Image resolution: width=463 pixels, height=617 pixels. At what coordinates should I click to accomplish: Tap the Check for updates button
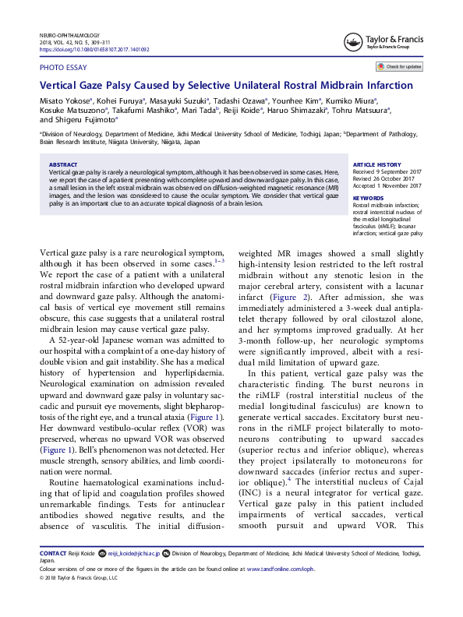(400, 67)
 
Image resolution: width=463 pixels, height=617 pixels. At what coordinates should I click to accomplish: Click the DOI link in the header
(94, 49)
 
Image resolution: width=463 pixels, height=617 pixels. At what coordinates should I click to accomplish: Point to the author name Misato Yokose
(65, 100)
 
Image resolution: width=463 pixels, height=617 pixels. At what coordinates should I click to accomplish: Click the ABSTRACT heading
(63, 165)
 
